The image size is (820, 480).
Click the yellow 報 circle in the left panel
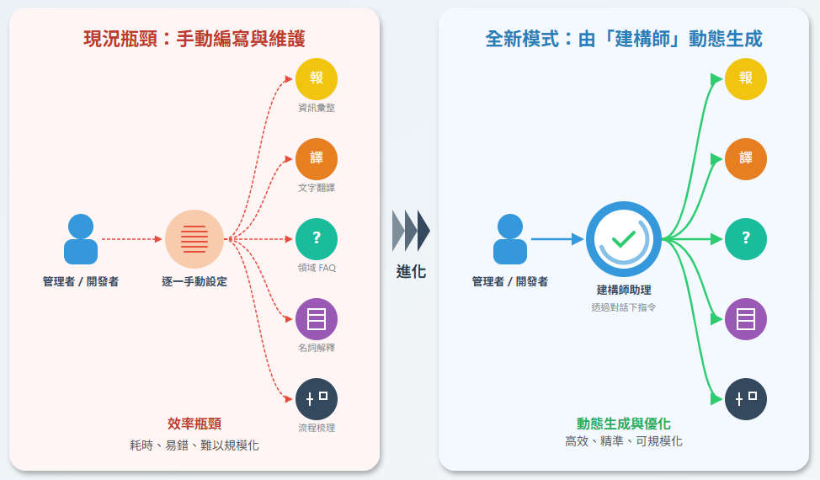click(317, 78)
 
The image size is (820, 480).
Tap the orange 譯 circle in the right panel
click(746, 158)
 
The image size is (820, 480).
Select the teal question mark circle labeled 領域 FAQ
click(317, 238)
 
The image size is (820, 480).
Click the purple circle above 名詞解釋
click(317, 319)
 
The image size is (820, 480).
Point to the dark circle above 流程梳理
click(317, 399)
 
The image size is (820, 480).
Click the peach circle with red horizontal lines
click(194, 239)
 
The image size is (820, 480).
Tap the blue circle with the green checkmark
click(624, 239)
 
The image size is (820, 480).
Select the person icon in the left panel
click(81, 239)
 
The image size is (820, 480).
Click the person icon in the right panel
click(510, 239)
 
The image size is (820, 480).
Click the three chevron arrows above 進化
click(411, 231)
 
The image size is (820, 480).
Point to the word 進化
click(411, 272)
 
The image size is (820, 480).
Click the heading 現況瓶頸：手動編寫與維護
click(194, 39)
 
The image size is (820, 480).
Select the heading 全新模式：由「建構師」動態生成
click(624, 39)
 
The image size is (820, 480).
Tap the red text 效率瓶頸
click(194, 424)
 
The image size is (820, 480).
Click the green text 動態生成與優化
click(624, 424)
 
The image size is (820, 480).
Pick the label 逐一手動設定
click(194, 281)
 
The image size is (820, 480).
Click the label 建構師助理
click(624, 290)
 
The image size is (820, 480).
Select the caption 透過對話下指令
click(624, 307)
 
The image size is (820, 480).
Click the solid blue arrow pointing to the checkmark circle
click(556, 239)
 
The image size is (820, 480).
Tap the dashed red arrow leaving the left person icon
click(131, 239)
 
